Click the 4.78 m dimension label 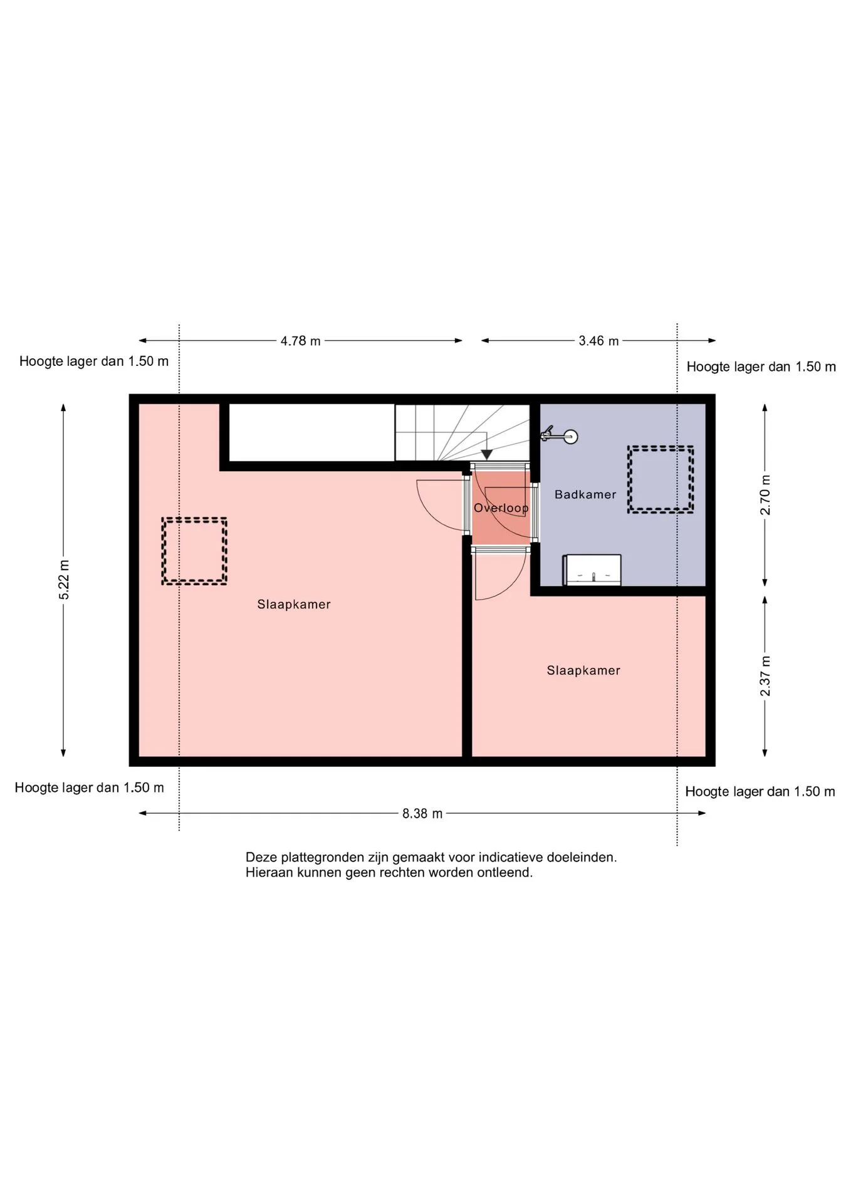[x=300, y=341]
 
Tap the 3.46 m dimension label [x=598, y=341]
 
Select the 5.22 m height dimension [x=64, y=580]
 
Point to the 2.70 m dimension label [x=765, y=495]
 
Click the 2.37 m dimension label [x=765, y=676]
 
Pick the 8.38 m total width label [x=422, y=813]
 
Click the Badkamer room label [x=585, y=494]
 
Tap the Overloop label [x=501, y=508]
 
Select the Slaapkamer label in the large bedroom [x=294, y=605]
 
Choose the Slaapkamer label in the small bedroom [x=583, y=670]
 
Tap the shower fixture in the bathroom [x=559, y=435]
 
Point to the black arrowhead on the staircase [x=486, y=455]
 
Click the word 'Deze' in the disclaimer [x=260, y=857]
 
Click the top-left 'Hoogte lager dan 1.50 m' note [x=94, y=362]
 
